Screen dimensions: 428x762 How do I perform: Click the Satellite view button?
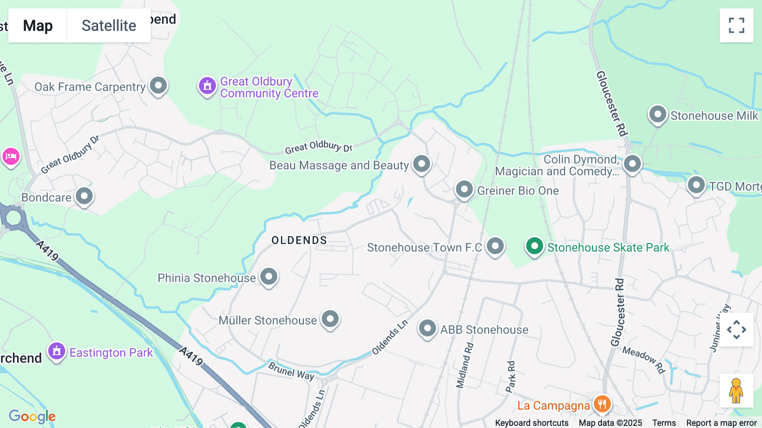coord(109,25)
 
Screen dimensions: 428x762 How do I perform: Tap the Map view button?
coord(38,25)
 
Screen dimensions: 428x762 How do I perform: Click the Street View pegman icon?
coord(736,391)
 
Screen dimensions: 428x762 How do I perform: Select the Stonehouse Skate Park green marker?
coord(534,246)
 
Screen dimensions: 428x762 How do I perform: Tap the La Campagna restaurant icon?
coord(602,404)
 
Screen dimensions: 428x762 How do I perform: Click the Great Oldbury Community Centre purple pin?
coord(207,86)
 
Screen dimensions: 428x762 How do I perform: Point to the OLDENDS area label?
coord(299,240)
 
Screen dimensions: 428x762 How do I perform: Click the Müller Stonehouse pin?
coord(330,319)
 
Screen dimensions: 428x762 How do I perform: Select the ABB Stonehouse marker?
coord(427,328)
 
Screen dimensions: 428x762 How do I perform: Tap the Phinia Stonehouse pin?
coord(268,277)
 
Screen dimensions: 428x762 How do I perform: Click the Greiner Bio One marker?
coord(464,189)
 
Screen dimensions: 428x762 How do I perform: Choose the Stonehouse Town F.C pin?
coord(495,246)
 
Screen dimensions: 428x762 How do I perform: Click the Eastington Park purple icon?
coord(57,351)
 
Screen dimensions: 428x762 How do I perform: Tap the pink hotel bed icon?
coord(11,157)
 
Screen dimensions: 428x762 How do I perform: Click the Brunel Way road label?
coord(291,371)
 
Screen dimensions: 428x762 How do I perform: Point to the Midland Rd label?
coord(465,365)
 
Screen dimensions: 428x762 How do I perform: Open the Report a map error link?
coord(721,422)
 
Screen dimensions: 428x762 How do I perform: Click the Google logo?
coord(32,416)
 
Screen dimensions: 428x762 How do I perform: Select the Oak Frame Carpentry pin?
coord(158,86)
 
